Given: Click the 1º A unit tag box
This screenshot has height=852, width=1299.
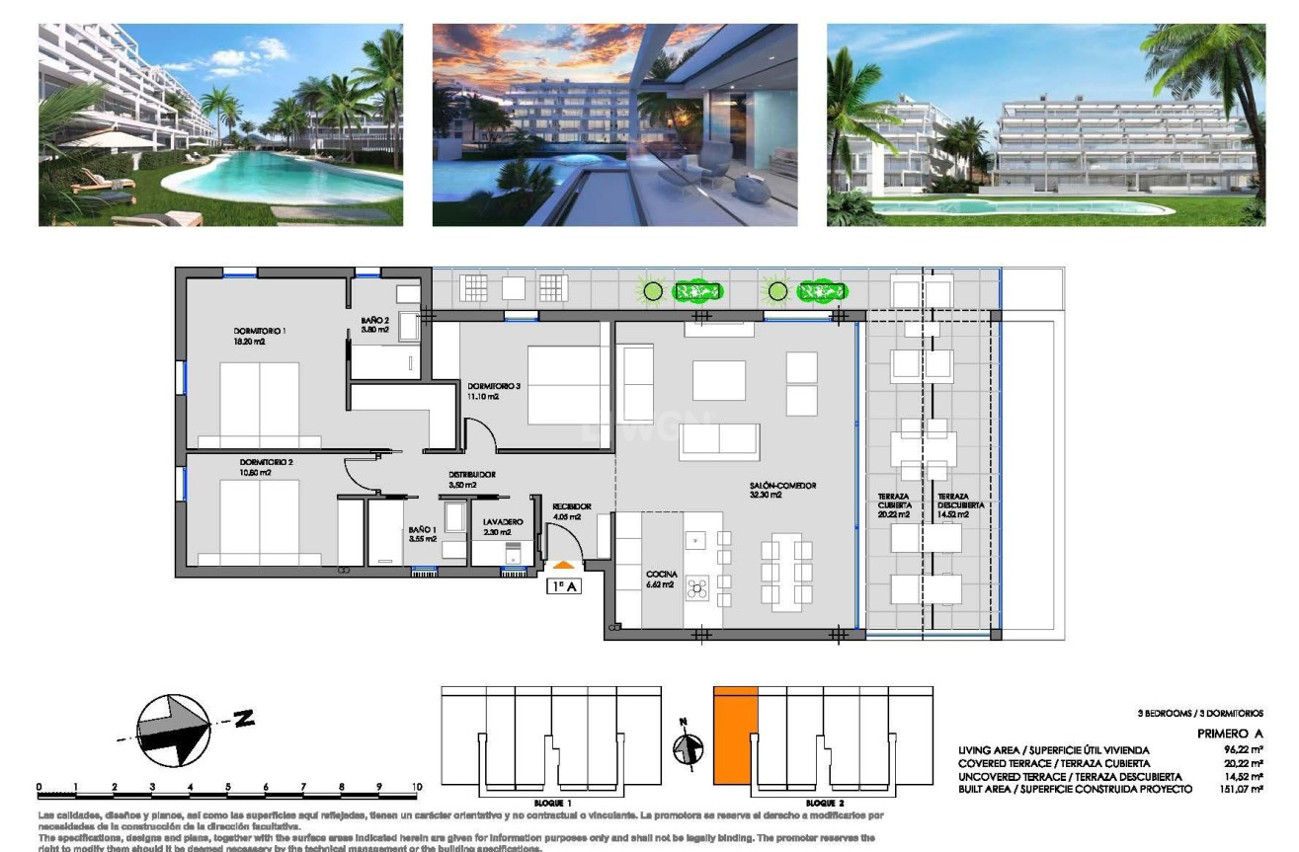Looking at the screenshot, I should click(563, 584).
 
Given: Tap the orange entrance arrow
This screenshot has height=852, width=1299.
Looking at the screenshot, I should click(562, 565).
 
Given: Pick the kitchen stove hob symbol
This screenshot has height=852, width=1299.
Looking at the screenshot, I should click(697, 587).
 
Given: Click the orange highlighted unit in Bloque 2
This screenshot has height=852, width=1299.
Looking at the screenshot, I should click(735, 736).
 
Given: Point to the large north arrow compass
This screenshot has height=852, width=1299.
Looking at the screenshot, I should click(174, 729).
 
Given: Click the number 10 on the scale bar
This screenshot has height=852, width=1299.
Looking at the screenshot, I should click(416, 787).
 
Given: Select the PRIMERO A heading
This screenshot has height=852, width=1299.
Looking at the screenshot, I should click(1229, 734).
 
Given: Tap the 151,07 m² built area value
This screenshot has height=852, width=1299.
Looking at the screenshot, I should click(1243, 789).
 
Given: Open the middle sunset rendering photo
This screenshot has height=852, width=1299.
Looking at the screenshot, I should click(614, 125).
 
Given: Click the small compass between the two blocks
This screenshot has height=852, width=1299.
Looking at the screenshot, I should click(688, 747).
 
